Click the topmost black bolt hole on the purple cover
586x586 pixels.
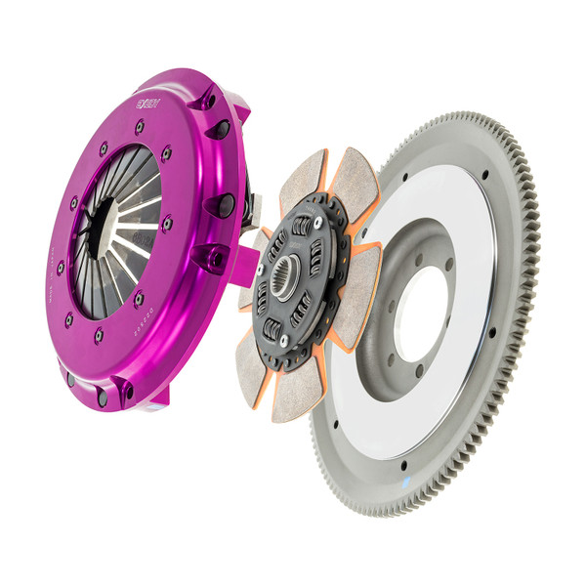pyautogui.click(x=207, y=98)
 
